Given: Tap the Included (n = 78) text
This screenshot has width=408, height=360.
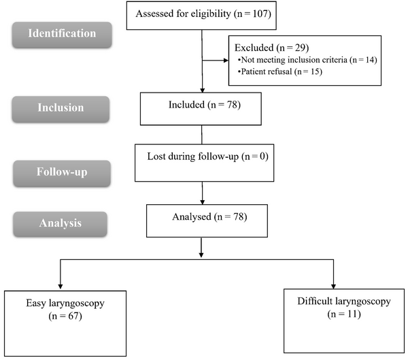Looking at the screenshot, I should [202, 105].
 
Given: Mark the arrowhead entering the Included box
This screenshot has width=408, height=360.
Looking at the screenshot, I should [203, 89].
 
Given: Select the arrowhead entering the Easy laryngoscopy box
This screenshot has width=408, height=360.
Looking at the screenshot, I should [61, 284].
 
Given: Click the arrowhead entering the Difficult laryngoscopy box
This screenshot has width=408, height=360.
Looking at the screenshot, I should [334, 284].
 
